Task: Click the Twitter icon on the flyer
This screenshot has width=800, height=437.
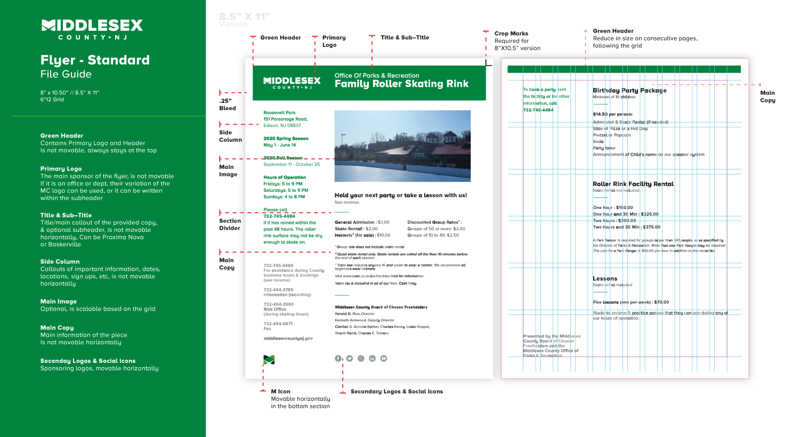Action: click(350, 359)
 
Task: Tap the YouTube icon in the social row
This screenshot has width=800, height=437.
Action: click(384, 359)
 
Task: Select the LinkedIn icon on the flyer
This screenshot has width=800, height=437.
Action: click(372, 359)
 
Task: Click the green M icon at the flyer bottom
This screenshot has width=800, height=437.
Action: click(269, 360)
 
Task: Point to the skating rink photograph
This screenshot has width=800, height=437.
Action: click(402, 146)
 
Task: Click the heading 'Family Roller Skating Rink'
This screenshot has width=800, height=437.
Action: click(401, 84)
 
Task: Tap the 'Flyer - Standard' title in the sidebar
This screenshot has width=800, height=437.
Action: click(95, 60)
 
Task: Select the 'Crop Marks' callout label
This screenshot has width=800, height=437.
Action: click(511, 34)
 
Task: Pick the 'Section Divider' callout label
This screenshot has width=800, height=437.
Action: click(230, 224)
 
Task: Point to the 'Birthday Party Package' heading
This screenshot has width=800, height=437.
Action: click(629, 91)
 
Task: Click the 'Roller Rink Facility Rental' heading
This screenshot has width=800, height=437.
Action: click(633, 184)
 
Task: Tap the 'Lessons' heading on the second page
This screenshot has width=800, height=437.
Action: click(605, 279)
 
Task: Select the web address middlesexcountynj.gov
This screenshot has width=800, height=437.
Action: click(288, 338)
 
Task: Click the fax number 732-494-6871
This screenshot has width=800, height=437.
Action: click(278, 323)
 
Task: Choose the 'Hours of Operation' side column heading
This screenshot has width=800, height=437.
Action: click(285, 177)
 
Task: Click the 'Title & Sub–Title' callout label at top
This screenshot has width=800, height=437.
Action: click(405, 38)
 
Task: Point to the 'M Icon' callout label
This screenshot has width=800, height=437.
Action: click(280, 392)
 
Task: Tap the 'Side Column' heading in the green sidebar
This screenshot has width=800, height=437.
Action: click(60, 262)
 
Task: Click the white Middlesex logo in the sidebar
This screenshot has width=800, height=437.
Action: click(92, 29)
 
